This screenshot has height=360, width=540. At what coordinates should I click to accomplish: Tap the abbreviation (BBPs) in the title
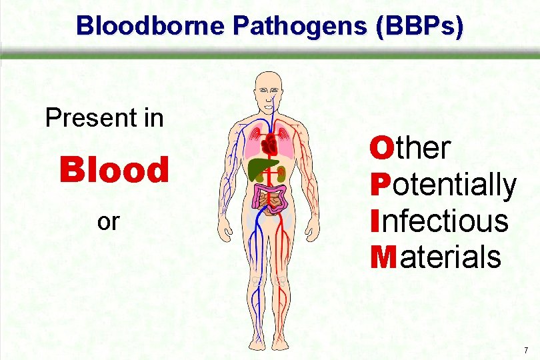point(418,26)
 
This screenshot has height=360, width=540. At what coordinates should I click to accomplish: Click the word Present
point(84,119)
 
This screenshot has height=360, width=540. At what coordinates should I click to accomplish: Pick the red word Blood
point(114,170)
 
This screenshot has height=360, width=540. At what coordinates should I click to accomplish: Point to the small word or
point(107,221)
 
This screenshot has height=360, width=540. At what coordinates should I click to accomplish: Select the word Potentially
point(443,185)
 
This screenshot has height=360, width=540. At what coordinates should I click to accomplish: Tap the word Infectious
point(439,221)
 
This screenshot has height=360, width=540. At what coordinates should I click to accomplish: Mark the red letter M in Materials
point(383,257)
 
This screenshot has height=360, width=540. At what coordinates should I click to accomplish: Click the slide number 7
point(526,350)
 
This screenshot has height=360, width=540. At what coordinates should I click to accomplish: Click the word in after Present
point(151,119)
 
